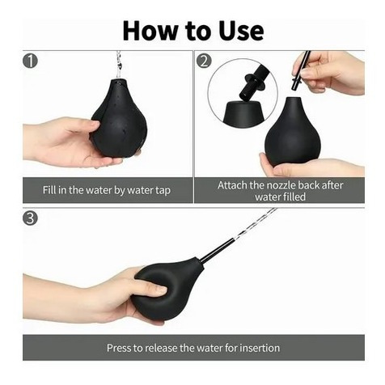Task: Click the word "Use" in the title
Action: (x=241, y=31)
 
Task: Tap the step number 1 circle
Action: (x=30, y=61)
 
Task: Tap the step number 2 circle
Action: (x=204, y=61)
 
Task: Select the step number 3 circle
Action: (x=30, y=218)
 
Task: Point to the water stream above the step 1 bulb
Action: (x=118, y=65)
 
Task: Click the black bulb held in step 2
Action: (x=293, y=132)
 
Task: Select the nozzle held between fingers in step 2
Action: (x=301, y=70)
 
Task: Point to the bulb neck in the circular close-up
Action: (x=243, y=112)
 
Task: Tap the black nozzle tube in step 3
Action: (x=217, y=249)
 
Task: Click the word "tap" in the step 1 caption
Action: (x=163, y=191)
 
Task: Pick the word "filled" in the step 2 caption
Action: (x=293, y=197)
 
